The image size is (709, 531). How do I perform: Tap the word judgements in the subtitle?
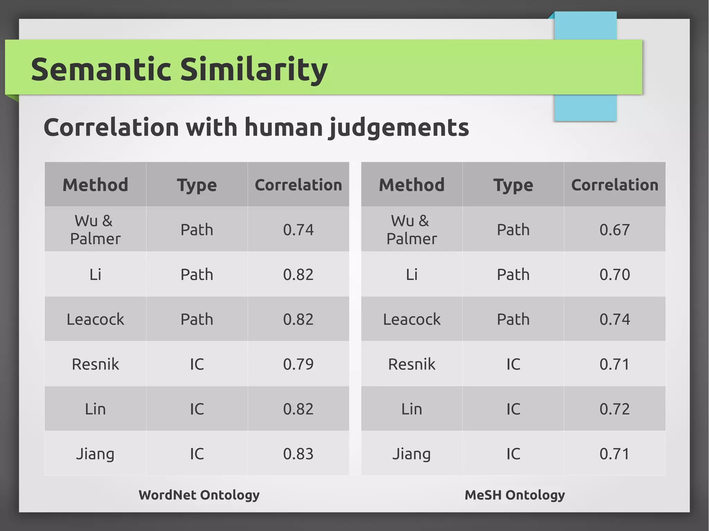pos(399,128)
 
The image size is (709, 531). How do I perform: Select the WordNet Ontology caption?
pos(199,495)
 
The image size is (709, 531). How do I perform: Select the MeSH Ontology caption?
pos(514,495)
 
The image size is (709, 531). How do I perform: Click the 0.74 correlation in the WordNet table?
pos(298,230)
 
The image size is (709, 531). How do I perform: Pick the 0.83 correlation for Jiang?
pos(298,454)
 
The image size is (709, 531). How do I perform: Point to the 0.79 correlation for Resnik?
pos(298,364)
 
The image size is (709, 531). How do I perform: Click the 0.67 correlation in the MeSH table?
pos(614,230)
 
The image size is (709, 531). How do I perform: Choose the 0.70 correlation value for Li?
pos(614,275)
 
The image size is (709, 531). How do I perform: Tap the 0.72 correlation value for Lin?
pos(614,409)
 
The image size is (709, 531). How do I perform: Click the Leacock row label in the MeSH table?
pos(412,319)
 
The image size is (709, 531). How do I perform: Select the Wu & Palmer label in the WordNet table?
pos(95,230)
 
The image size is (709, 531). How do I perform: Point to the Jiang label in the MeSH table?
pos(411,454)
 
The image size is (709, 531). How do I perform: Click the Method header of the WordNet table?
pos(95,185)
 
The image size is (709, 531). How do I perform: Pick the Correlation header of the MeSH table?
pos(614,185)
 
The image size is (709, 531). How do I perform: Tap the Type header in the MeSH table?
pos(513,185)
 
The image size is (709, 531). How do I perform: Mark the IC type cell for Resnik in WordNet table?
pos(197,364)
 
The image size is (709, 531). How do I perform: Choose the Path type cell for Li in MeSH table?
pos(513,275)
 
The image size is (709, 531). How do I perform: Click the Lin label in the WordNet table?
pos(95,409)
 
